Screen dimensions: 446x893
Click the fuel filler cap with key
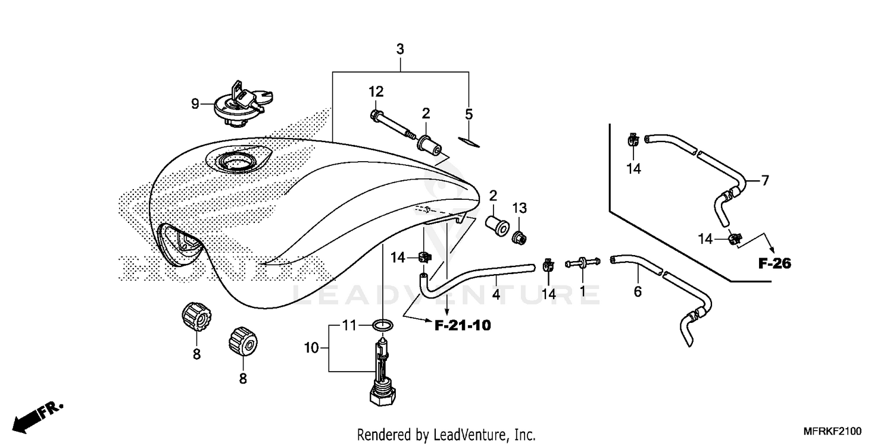tap(241, 105)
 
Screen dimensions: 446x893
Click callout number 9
tap(195, 104)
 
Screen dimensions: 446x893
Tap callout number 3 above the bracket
tap(400, 49)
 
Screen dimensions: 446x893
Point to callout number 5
tap(469, 114)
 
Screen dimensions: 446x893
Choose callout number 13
tap(520, 208)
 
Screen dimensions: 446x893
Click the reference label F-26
tap(775, 264)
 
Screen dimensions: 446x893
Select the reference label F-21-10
tap(462, 325)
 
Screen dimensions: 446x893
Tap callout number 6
tap(638, 292)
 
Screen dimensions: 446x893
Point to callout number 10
tap(312, 348)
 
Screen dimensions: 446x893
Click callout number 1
tap(582, 292)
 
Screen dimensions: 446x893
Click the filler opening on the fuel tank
tap(236, 160)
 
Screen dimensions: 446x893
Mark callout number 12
tap(376, 92)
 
